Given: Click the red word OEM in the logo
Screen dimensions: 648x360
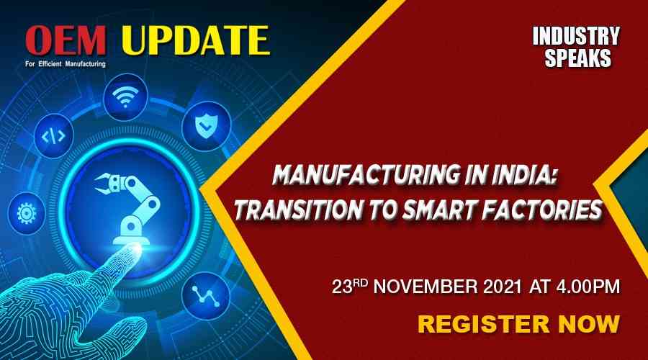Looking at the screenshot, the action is click(x=66, y=40).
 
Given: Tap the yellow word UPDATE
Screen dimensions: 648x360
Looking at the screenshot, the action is click(x=195, y=40).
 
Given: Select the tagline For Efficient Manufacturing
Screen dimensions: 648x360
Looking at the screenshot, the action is click(x=66, y=64).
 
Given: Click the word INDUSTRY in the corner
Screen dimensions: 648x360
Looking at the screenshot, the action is click(x=576, y=37).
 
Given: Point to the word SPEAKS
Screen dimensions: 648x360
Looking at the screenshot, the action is click(x=577, y=58).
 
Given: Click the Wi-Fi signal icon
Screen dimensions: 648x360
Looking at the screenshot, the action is click(x=125, y=97).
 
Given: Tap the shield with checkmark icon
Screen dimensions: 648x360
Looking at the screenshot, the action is click(x=206, y=125).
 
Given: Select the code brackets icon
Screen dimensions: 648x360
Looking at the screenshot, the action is click(x=54, y=136).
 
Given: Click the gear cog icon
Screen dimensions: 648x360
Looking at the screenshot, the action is click(x=27, y=214).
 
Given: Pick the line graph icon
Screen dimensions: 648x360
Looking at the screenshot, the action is click(x=206, y=296).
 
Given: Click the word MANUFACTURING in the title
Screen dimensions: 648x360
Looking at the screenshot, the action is click(x=366, y=175).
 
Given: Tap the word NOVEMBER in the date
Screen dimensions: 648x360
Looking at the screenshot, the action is click(x=426, y=287).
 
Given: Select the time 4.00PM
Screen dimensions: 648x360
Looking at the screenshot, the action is click(x=588, y=287).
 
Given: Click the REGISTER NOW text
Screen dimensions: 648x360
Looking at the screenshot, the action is click(x=518, y=324).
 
